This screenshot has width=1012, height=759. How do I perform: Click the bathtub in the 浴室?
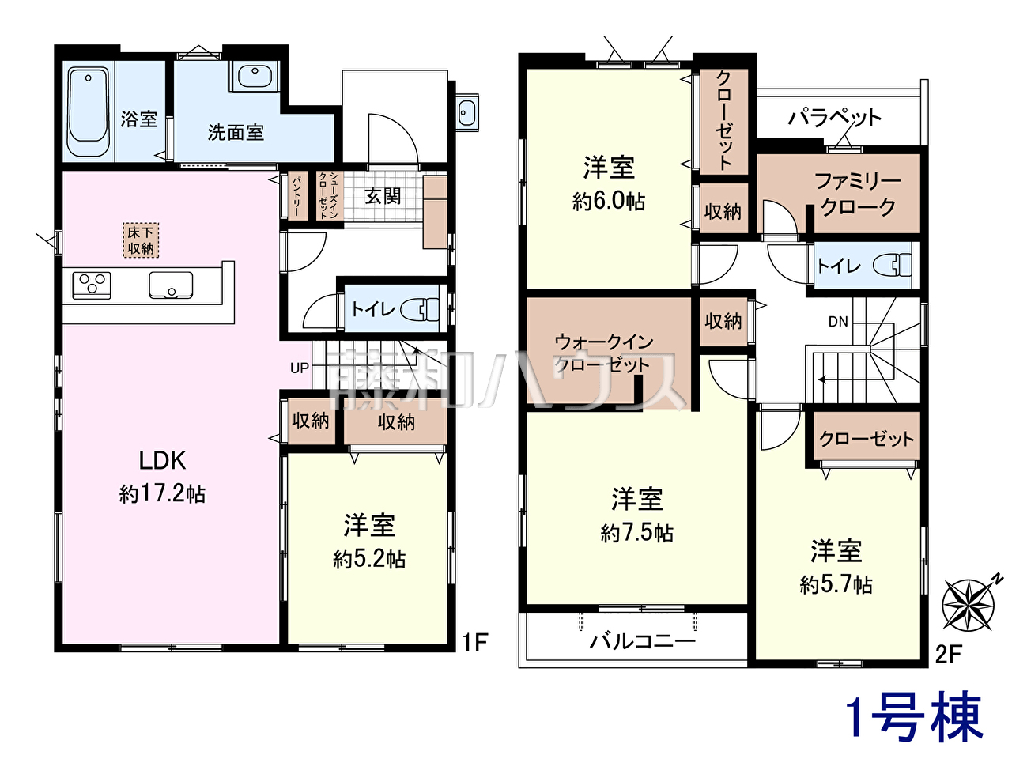[89, 112]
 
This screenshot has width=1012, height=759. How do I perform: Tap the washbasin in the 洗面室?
[254, 74]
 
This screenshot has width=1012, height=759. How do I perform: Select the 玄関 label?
[383, 197]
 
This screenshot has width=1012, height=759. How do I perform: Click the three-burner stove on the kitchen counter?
[92, 285]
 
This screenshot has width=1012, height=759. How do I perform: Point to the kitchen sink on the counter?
[171, 285]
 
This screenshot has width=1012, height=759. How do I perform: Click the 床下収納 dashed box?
[141, 240]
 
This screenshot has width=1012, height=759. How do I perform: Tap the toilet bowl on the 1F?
[420, 309]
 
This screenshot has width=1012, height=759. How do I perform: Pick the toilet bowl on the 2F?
[893, 265]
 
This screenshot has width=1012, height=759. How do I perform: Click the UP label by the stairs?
[299, 368]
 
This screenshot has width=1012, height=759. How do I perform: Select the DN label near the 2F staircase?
[838, 322]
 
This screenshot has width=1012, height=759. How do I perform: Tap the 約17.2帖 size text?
[162, 494]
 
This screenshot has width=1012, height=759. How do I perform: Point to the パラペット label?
[834, 118]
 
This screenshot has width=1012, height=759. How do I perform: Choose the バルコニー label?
[643, 641]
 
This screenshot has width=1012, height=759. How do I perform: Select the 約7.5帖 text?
[636, 533]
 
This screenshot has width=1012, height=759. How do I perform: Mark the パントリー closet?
[297, 196]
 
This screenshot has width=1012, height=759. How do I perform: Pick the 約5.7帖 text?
[836, 585]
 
